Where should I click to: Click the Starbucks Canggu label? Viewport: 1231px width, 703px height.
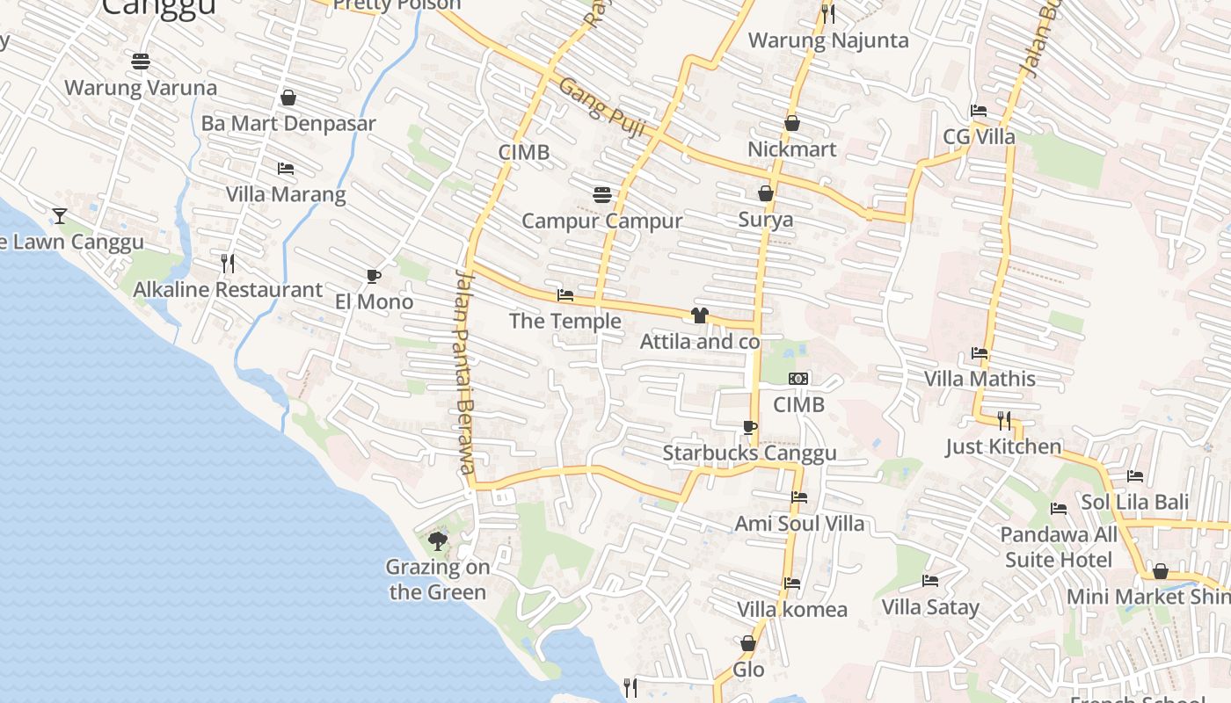[749, 453]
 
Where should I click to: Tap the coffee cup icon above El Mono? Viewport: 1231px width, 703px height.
[374, 276]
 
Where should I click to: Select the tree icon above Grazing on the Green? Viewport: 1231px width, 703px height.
[437, 540]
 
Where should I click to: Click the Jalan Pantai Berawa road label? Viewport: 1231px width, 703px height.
[466, 372]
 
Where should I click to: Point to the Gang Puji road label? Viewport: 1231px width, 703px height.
[602, 108]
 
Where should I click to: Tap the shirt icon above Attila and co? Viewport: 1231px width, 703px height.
[700, 315]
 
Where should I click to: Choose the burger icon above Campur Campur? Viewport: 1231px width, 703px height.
[602, 193]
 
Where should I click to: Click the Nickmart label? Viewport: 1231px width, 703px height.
[791, 149]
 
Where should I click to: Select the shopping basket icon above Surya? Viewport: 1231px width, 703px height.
[766, 193]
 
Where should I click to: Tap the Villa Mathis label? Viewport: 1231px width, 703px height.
[980, 379]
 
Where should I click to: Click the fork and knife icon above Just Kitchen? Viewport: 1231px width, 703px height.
[1004, 420]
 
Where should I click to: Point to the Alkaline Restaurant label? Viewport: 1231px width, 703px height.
[228, 290]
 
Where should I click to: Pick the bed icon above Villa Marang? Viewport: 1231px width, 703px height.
[286, 168]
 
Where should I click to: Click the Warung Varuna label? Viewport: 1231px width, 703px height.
[141, 88]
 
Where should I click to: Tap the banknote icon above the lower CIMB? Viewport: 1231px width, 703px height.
[798, 379]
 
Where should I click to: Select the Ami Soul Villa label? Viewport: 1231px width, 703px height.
[799, 524]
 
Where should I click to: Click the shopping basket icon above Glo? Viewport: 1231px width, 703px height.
[748, 644]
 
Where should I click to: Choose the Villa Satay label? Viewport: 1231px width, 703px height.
[929, 607]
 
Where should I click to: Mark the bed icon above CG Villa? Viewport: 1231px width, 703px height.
[979, 111]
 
